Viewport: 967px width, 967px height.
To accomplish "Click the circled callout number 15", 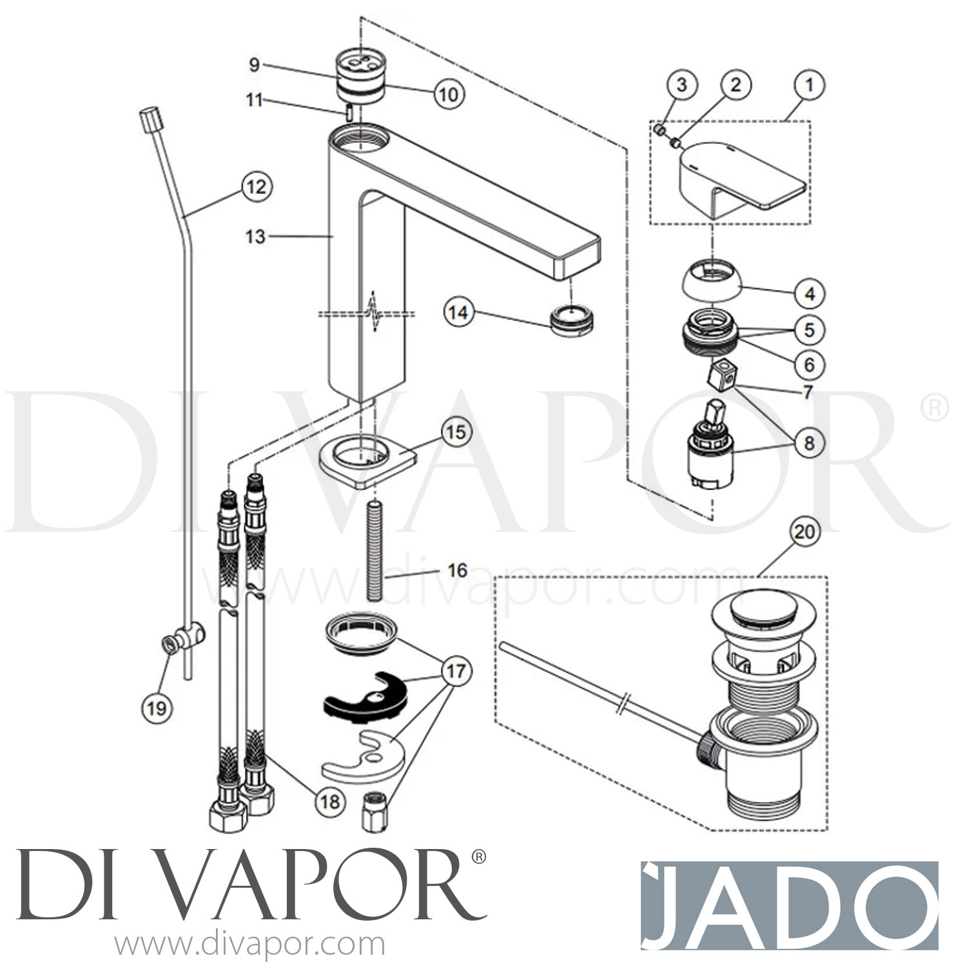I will coord(456,432).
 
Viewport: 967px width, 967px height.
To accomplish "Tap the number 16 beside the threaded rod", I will coord(457,571).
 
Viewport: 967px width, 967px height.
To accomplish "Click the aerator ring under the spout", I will coord(572,319).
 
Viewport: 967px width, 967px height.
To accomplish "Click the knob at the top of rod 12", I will coord(149,119).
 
